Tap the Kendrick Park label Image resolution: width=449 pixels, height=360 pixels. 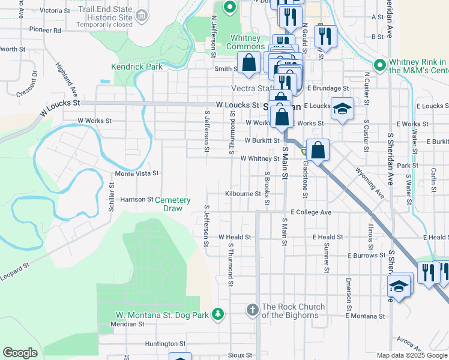137,67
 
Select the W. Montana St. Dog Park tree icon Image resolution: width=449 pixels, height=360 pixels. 220,314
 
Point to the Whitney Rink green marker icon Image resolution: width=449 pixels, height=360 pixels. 379,64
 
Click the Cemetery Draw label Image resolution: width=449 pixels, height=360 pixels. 173,204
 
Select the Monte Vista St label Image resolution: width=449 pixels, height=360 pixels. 137,173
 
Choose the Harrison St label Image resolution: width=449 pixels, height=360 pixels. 137,199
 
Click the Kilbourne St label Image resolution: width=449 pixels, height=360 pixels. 243,194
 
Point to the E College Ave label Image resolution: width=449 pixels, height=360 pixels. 311,212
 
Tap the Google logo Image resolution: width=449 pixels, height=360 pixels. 20,353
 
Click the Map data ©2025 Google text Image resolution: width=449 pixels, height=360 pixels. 411,355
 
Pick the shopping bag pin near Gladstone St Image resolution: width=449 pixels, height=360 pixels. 319,149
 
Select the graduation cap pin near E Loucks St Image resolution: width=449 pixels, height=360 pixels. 342,108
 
